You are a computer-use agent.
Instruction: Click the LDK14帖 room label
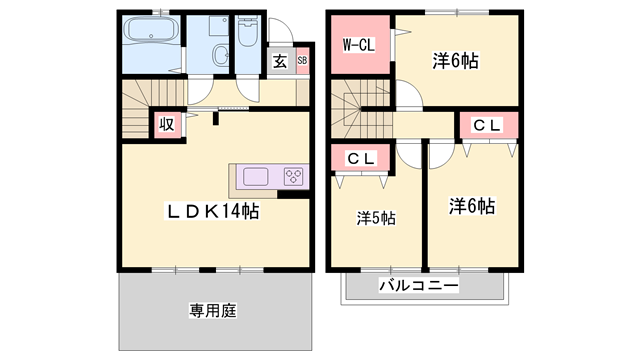213,212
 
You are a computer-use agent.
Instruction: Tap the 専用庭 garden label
212,310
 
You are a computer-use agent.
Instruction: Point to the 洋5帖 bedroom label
376,217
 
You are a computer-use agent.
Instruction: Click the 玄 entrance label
281,61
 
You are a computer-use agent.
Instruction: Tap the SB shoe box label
302,61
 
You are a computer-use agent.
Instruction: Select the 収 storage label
166,125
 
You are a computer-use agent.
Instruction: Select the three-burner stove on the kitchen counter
294,177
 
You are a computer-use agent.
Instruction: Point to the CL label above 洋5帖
361,158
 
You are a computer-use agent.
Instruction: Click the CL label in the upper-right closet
487,125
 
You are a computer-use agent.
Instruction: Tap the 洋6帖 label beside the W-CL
456,61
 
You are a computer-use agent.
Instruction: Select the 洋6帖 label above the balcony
471,207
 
